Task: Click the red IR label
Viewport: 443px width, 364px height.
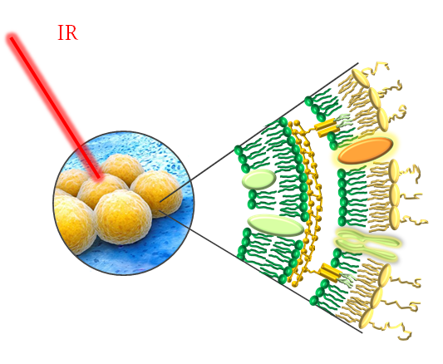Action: point(67,32)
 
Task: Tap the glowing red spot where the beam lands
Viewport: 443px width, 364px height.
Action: point(99,177)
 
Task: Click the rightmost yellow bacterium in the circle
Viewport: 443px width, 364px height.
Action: point(156,194)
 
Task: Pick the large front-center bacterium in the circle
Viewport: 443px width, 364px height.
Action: point(122,217)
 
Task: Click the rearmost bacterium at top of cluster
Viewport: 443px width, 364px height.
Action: point(122,169)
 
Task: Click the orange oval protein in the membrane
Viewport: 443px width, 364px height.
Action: point(366,150)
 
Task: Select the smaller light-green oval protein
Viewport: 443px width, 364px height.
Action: point(259,179)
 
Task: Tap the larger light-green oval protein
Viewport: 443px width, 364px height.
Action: point(275,225)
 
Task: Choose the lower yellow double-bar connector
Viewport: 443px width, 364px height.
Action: point(330,273)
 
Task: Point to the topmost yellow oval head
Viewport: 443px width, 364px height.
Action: point(360,78)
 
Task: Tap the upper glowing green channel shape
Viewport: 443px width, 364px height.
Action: point(367,237)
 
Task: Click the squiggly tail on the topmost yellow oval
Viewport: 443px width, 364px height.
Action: point(376,68)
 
